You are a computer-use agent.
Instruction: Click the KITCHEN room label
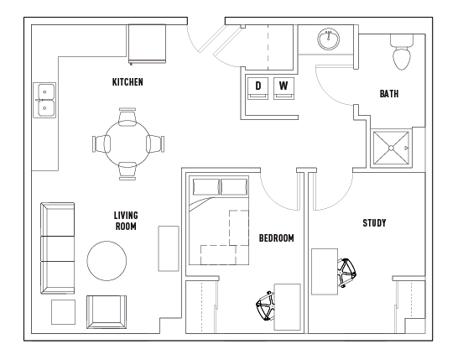tap(127, 81)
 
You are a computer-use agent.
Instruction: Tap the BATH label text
tap(389, 94)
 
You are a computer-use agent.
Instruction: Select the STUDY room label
tap(374, 222)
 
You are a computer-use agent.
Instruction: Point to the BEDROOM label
tap(277, 238)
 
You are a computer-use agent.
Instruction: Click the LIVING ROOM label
tap(126, 221)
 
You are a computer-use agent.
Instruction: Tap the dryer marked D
tap(258, 88)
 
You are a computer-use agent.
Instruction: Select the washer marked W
tap(284, 88)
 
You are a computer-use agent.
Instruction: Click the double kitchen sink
tap(44, 100)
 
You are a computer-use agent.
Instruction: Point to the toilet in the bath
tap(402, 52)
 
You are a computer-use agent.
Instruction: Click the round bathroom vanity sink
tap(328, 39)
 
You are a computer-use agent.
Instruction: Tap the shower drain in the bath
tap(391, 148)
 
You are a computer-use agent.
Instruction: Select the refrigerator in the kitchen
tap(147, 44)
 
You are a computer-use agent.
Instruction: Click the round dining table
tap(127, 143)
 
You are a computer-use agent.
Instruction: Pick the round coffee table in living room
tap(107, 260)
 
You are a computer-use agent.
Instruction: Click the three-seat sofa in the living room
tap(57, 248)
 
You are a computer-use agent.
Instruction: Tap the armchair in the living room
tap(107, 312)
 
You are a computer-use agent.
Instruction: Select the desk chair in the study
tap(346, 273)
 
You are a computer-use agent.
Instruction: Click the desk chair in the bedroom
tap(265, 306)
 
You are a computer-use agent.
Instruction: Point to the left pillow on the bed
tap(206, 187)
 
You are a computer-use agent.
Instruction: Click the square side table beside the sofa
tap(63, 312)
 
